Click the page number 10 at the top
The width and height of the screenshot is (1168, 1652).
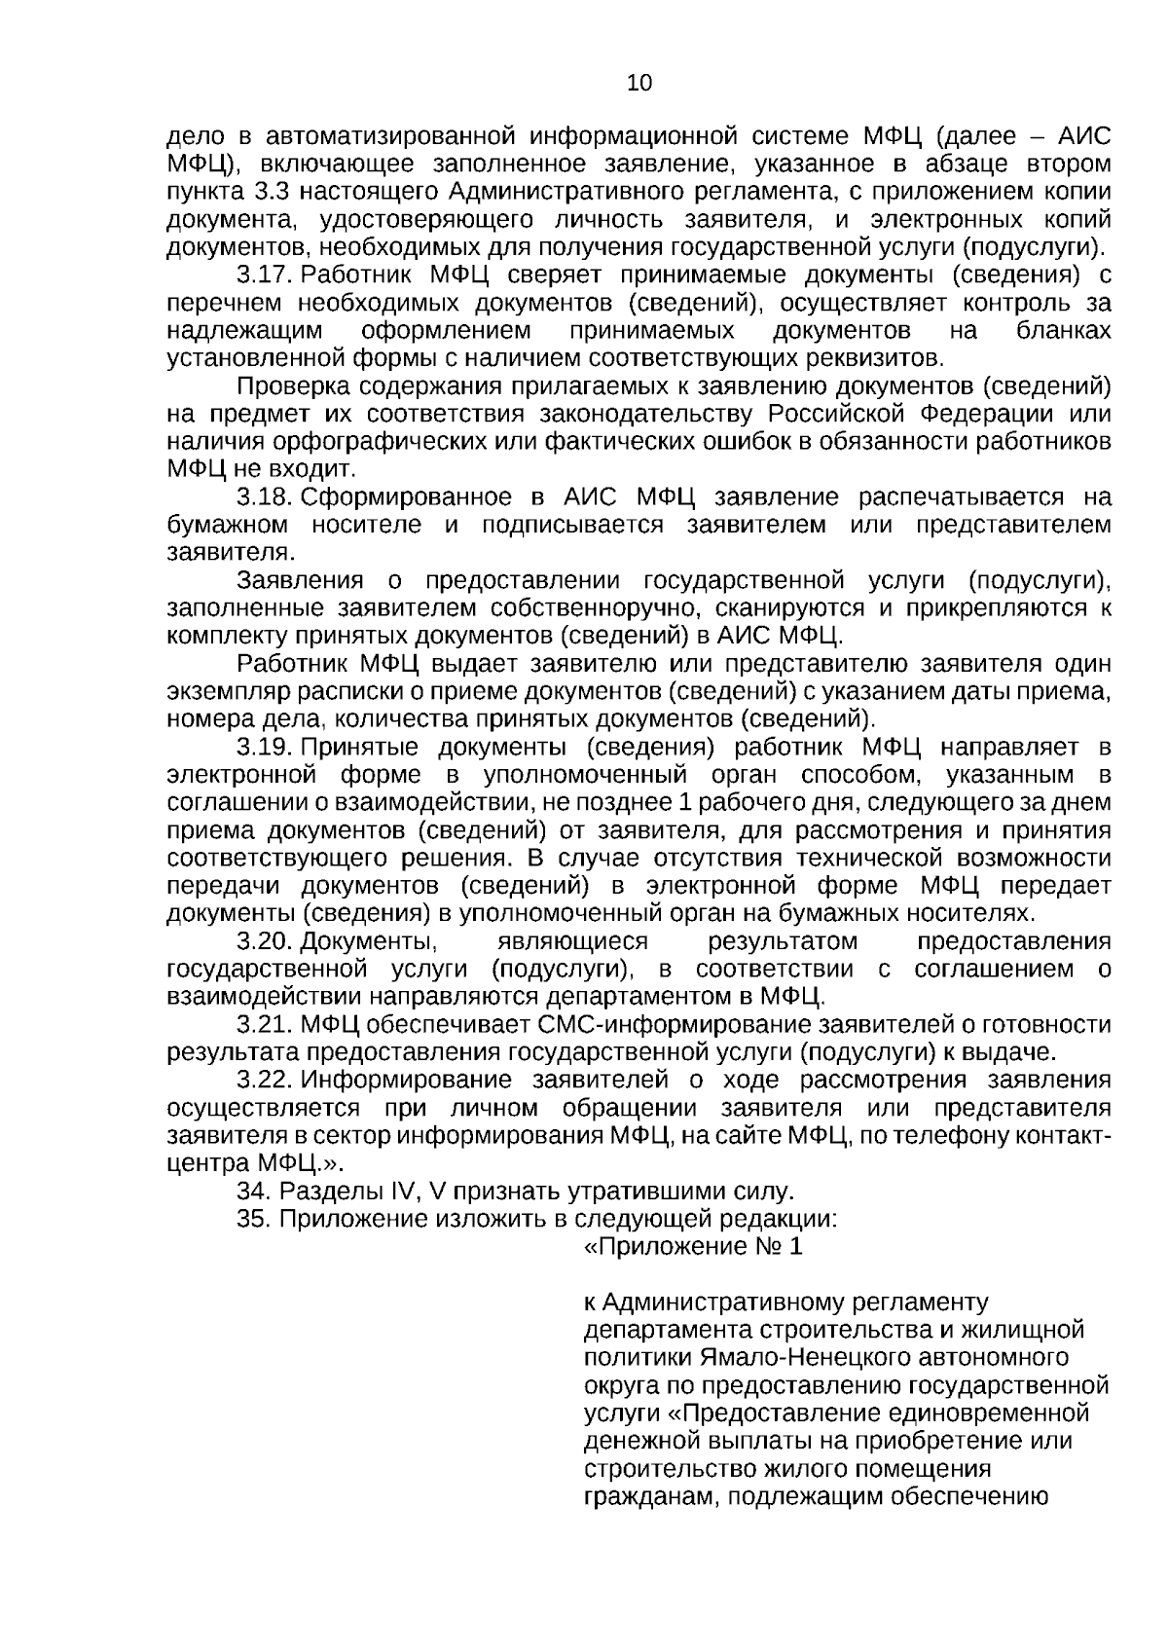(639, 83)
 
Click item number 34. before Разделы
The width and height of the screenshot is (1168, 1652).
(254, 1191)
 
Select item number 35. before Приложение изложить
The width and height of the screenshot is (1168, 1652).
(254, 1219)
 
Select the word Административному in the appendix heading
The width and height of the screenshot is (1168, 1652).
(722, 1302)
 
